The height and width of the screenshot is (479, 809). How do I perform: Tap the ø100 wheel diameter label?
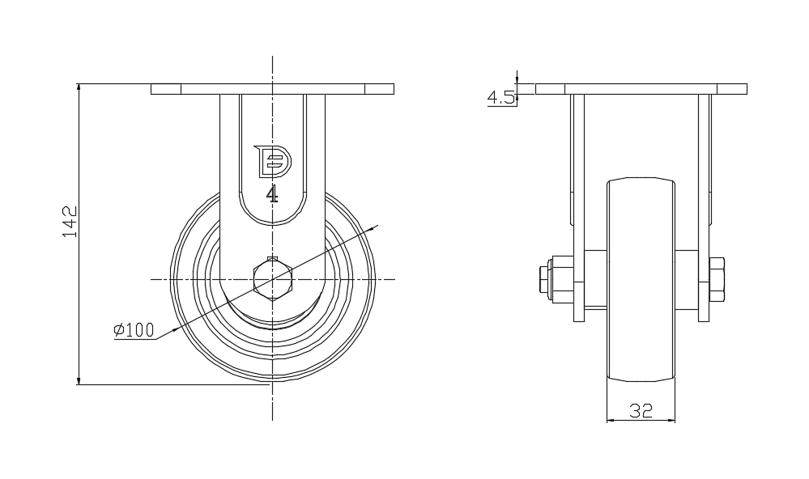pyautogui.click(x=134, y=330)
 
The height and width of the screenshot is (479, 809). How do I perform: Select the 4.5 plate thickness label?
pyautogui.click(x=500, y=99)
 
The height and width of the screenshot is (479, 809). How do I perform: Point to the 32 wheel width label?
pyautogui.click(x=641, y=411)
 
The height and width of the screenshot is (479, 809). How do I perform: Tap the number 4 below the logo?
pyautogui.click(x=273, y=194)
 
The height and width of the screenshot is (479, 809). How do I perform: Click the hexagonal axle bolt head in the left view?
pyautogui.click(x=272, y=279)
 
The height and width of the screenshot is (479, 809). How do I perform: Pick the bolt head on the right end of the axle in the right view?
pyautogui.click(x=717, y=279)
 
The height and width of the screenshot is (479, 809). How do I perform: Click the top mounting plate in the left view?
pyautogui.click(x=272, y=89)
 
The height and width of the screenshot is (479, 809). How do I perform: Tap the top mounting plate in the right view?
pyautogui.click(x=641, y=89)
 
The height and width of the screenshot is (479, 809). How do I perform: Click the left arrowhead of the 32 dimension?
pyautogui.click(x=611, y=420)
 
